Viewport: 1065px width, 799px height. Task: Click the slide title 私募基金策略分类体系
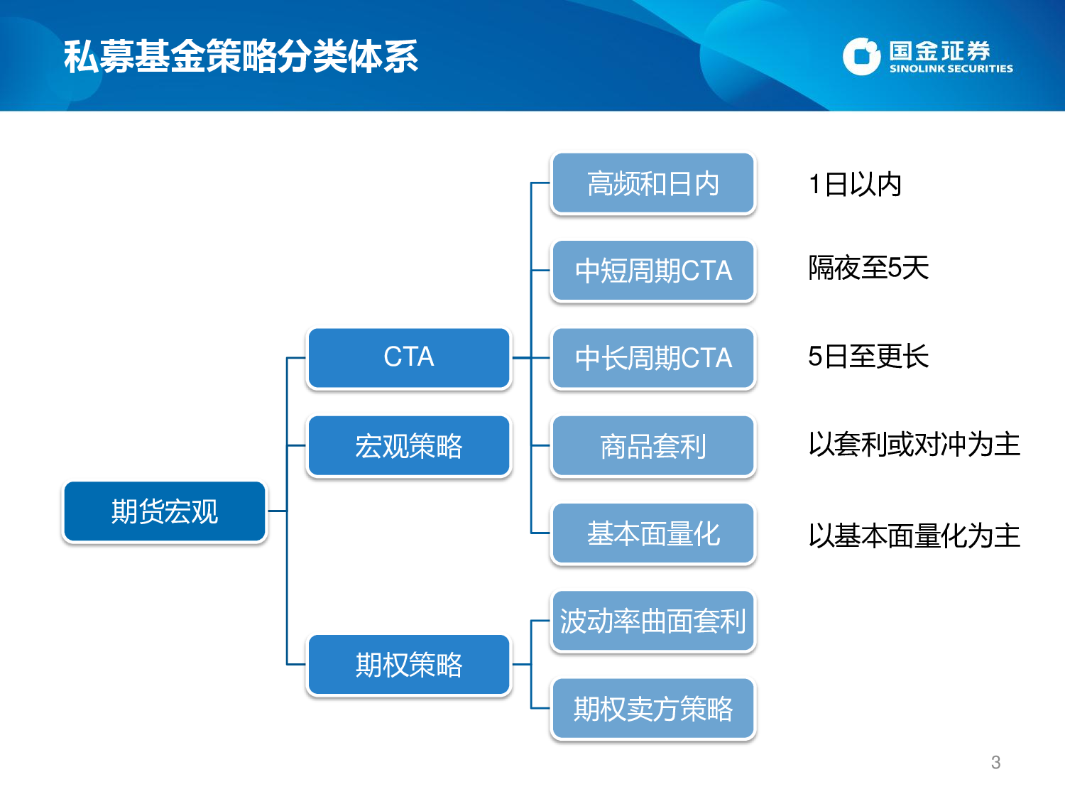tap(241, 57)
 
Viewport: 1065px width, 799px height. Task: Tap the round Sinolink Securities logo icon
tap(861, 57)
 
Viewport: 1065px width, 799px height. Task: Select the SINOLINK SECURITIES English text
tap(951, 69)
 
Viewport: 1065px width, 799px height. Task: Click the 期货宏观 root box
tap(164, 511)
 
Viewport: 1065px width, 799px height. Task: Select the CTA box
tap(408, 357)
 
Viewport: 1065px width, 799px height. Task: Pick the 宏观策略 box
tap(408, 446)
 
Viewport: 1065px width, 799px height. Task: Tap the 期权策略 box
tap(408, 665)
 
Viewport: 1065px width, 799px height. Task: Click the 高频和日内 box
tap(652, 183)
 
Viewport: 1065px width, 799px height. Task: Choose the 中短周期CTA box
tap(652, 271)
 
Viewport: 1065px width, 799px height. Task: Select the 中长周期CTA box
tap(652, 358)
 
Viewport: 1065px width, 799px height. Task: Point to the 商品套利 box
tap(652, 446)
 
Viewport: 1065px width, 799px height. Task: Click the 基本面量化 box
tap(652, 533)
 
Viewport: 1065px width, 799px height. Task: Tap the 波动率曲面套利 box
tap(652, 621)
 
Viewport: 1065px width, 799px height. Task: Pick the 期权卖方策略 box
tap(652, 709)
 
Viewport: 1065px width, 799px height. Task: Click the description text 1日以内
tap(855, 185)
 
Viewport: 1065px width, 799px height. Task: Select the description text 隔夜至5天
tap(868, 268)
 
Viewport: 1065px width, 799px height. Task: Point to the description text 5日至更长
tap(868, 357)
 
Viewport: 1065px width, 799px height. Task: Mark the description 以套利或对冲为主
tap(914, 445)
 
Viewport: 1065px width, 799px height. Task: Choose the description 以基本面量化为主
tap(914, 536)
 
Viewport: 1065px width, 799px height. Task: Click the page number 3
tap(995, 763)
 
